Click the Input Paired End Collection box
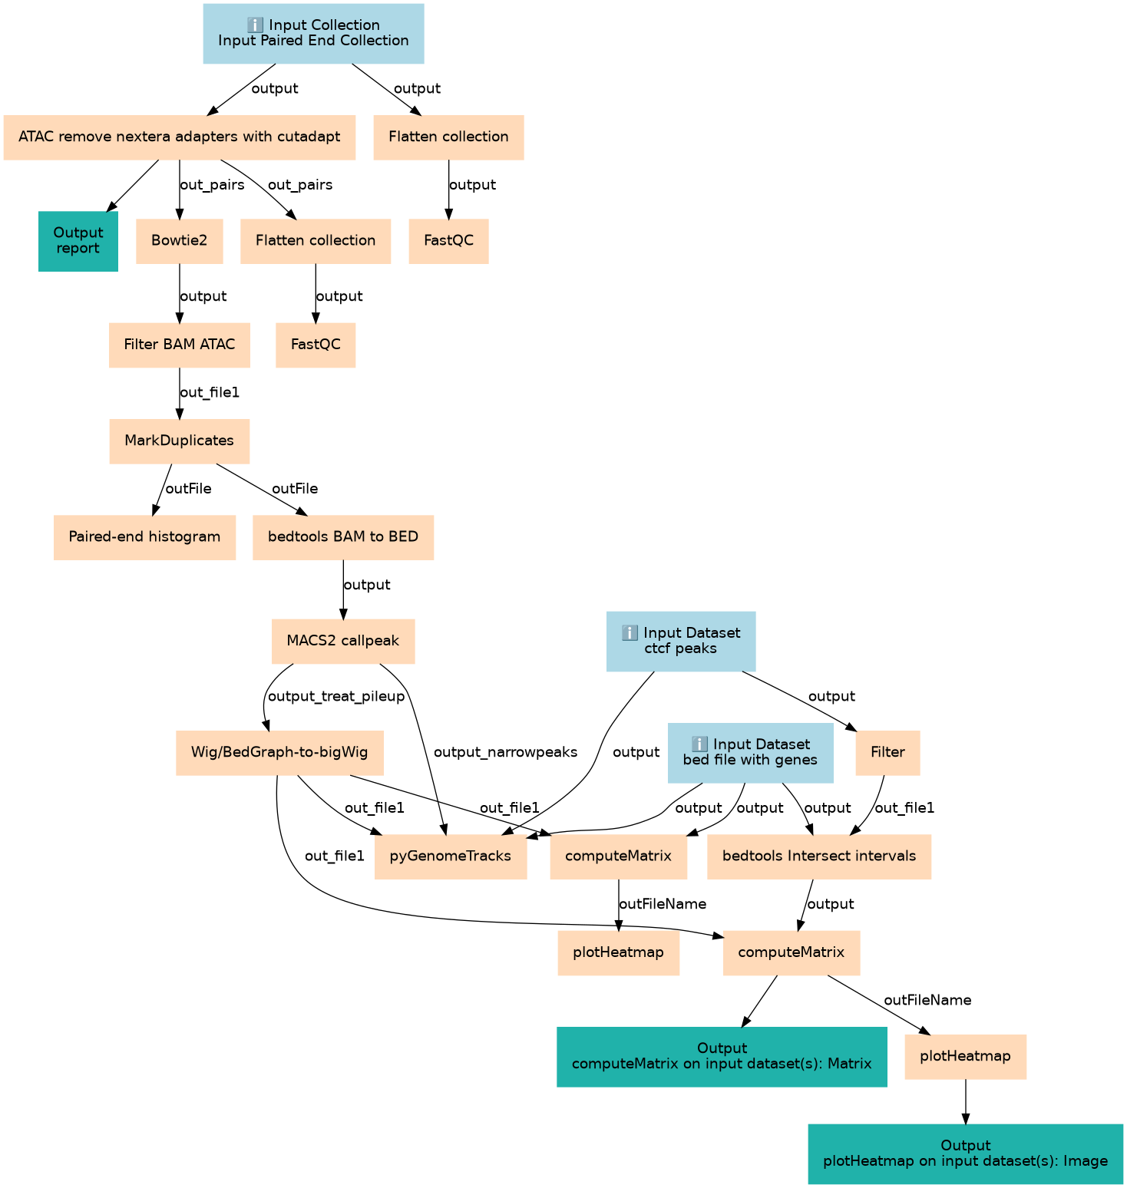(313, 33)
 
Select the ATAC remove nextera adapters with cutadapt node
(179, 137)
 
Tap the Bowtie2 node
(179, 241)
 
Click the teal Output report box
(78, 241)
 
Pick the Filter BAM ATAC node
(179, 345)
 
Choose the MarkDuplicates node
(179, 441)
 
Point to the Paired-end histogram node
(144, 536)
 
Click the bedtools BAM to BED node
(342, 536)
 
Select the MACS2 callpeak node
(342, 641)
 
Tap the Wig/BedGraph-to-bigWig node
(279, 752)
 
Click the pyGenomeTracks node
(450, 856)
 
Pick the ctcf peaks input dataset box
(680, 641)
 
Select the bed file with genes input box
(750, 752)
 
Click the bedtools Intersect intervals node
(818, 856)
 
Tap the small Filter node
(887, 752)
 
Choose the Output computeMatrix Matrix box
(722, 1056)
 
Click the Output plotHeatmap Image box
(965, 1153)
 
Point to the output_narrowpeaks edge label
(505, 752)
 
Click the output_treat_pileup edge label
(336, 696)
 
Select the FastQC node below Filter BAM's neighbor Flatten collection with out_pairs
(315, 345)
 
